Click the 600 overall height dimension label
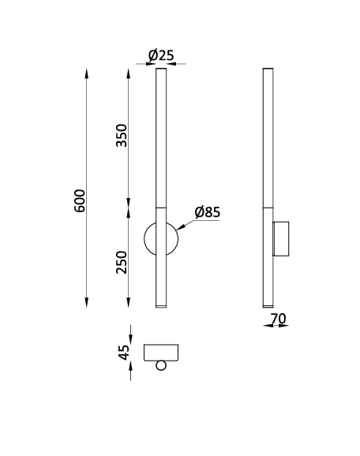tap(80, 200)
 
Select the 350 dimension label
tap(122, 136)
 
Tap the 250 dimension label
tap(122, 262)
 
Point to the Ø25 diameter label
tap(161, 55)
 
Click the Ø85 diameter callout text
tap(208, 212)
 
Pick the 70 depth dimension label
tap(279, 319)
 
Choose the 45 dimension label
tap(125, 353)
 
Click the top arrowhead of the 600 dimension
tap(86, 73)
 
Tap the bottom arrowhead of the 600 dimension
tap(86, 302)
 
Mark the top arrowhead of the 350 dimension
tap(129, 73)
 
